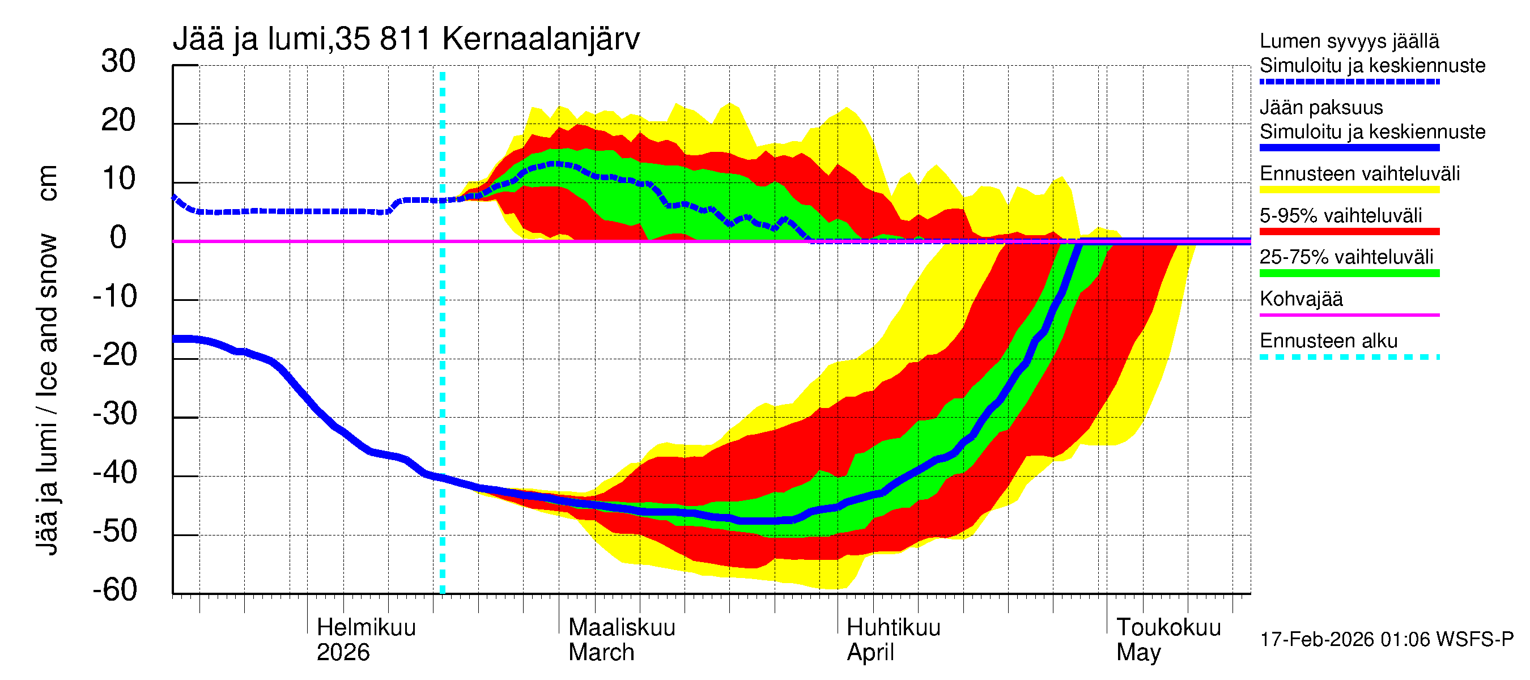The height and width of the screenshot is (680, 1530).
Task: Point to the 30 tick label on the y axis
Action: pos(118,61)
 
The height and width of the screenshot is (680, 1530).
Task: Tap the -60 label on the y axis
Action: pos(114,590)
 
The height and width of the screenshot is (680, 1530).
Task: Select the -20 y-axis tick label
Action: pos(114,355)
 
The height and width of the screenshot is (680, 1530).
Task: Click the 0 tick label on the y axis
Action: pos(118,237)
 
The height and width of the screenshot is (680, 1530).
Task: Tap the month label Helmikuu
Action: pos(366,628)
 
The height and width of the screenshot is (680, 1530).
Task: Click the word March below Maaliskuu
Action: pos(601,653)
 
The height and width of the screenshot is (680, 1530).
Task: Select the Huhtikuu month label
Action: pos(892,628)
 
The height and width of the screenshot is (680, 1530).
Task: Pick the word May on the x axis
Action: pos(1138,653)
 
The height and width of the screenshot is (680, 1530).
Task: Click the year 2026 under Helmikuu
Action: pos(343,653)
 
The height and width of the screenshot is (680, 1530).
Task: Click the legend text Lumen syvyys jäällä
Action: pos(1349,41)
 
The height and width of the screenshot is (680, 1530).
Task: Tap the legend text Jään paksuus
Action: pos(1321,108)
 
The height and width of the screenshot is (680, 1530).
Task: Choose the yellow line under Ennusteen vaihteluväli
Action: pos(1349,190)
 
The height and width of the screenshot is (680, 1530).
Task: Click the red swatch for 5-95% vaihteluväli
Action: pos(1349,232)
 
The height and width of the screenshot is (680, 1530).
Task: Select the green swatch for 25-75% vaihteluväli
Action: pos(1349,273)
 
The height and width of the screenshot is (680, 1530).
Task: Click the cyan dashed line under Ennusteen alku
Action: pos(1349,358)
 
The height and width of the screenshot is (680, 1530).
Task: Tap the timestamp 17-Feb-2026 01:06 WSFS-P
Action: pos(1386,640)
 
